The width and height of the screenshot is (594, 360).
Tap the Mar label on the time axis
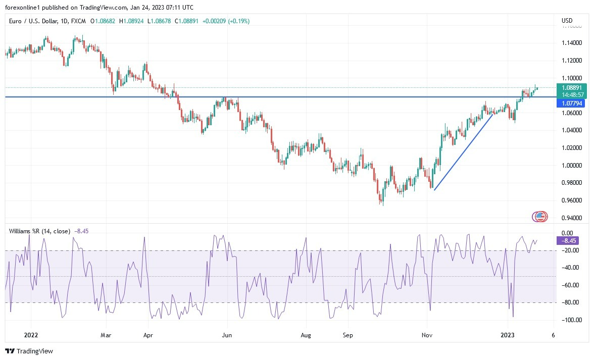click(x=106, y=335)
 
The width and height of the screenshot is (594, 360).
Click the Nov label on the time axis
click(x=427, y=335)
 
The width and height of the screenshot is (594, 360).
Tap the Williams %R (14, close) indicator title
click(x=40, y=231)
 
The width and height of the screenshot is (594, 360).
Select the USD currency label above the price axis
click(x=567, y=21)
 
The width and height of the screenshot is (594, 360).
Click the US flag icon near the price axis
click(x=540, y=217)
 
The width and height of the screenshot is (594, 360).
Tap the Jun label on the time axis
click(x=227, y=335)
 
